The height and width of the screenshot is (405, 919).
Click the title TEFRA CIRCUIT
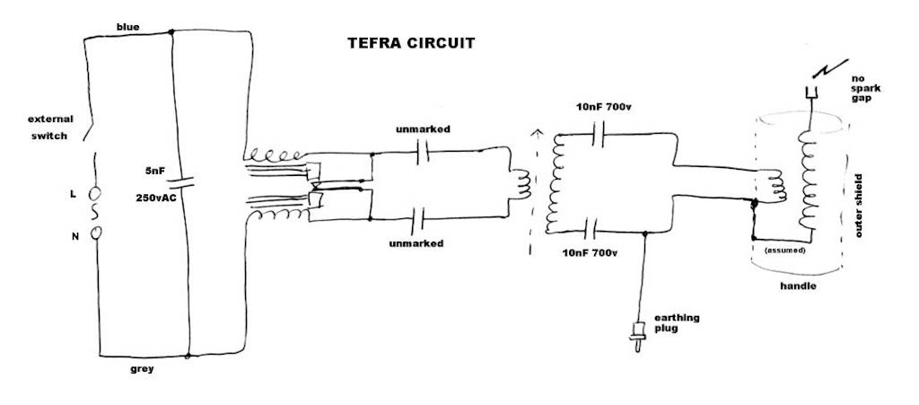tap(411, 42)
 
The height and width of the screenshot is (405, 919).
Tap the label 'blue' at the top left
tap(128, 26)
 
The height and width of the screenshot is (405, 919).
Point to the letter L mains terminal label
tap(73, 193)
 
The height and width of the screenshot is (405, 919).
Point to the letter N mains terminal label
tap(73, 235)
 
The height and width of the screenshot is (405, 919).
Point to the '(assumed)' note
tap(783, 251)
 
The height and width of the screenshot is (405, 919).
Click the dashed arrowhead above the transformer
tap(538, 135)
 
